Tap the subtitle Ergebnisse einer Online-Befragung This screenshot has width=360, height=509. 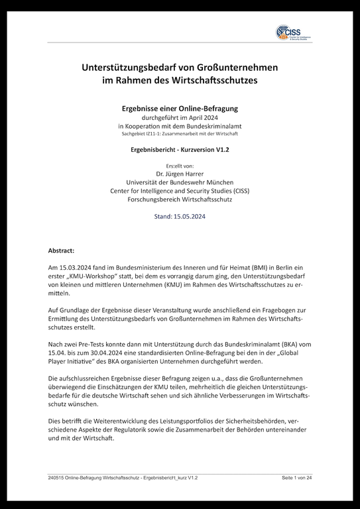point(180,108)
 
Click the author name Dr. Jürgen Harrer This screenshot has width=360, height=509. point(180,172)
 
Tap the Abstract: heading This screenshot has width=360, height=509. point(62,251)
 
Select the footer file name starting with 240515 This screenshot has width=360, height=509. point(123,478)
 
